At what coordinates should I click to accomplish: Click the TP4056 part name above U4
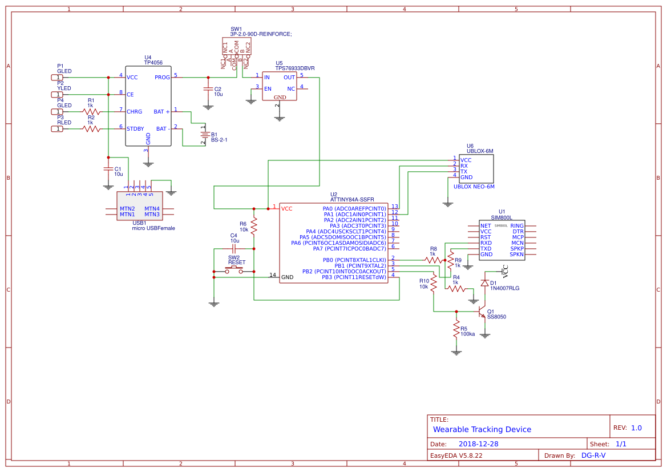(x=153, y=63)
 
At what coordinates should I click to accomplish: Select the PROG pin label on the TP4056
(x=161, y=77)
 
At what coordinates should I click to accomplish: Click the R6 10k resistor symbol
(x=254, y=227)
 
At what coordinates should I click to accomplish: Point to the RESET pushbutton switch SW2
(x=234, y=270)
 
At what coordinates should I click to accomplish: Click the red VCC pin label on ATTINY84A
(x=286, y=209)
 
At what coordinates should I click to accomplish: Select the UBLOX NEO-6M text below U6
(x=474, y=187)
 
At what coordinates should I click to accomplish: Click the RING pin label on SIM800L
(x=516, y=226)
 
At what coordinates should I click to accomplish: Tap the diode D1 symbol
(x=484, y=283)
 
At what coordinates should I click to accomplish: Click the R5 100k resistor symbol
(x=456, y=330)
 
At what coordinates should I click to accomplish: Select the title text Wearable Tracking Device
(x=482, y=429)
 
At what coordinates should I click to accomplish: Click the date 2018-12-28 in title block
(x=478, y=444)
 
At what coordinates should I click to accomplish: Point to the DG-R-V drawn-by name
(x=593, y=455)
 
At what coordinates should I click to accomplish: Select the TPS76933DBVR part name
(x=295, y=68)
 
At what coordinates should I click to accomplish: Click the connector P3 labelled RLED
(x=57, y=128)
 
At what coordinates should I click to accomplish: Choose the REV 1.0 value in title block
(x=636, y=427)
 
